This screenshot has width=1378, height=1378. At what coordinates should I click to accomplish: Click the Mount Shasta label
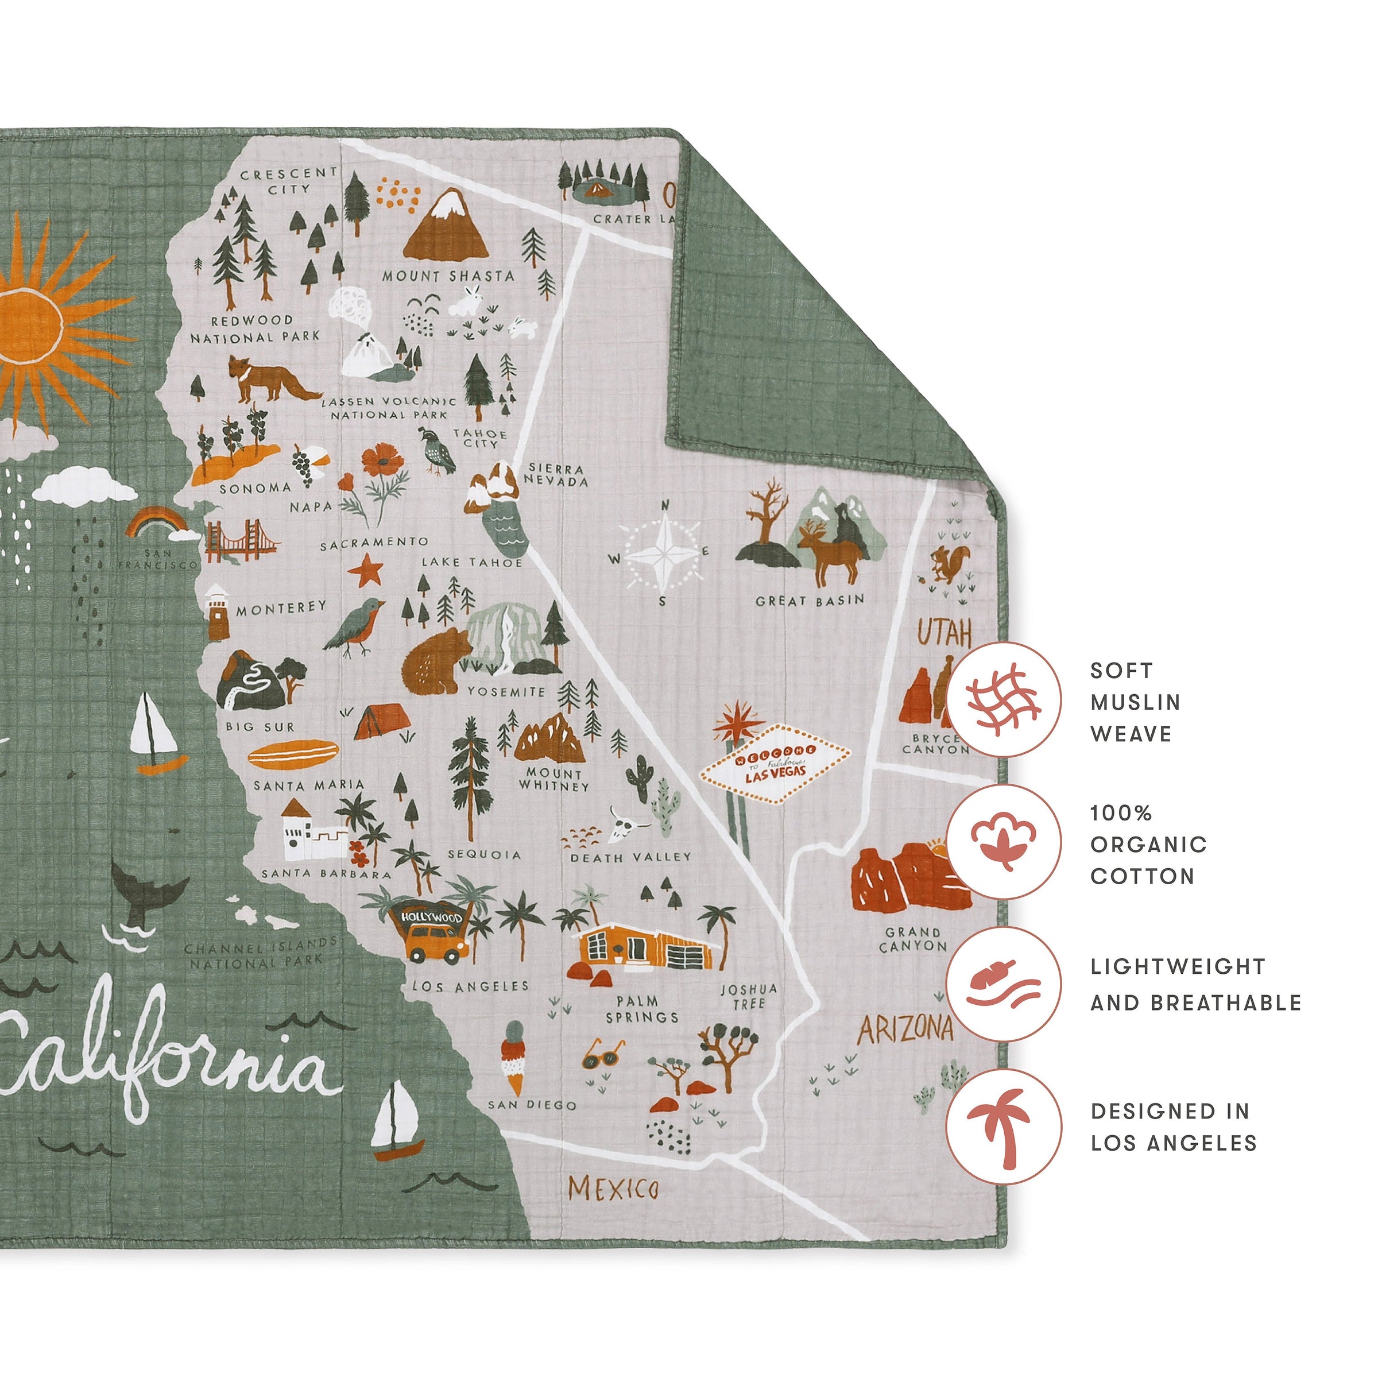[447, 276]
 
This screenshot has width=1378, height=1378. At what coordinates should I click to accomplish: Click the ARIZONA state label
[904, 1030]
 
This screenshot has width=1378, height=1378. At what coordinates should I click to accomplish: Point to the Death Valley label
[630, 857]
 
